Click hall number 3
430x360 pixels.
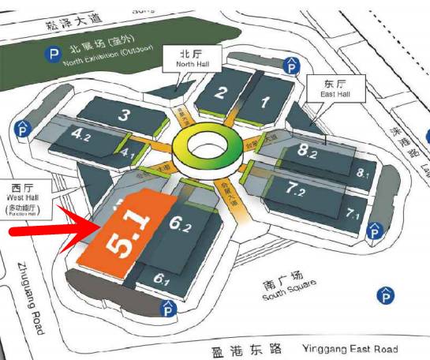coord(123,116)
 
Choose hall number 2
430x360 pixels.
coord(221,92)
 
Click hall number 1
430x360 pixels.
coord(265,101)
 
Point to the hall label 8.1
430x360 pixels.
coord(363,173)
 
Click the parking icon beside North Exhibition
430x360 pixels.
coord(54,55)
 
